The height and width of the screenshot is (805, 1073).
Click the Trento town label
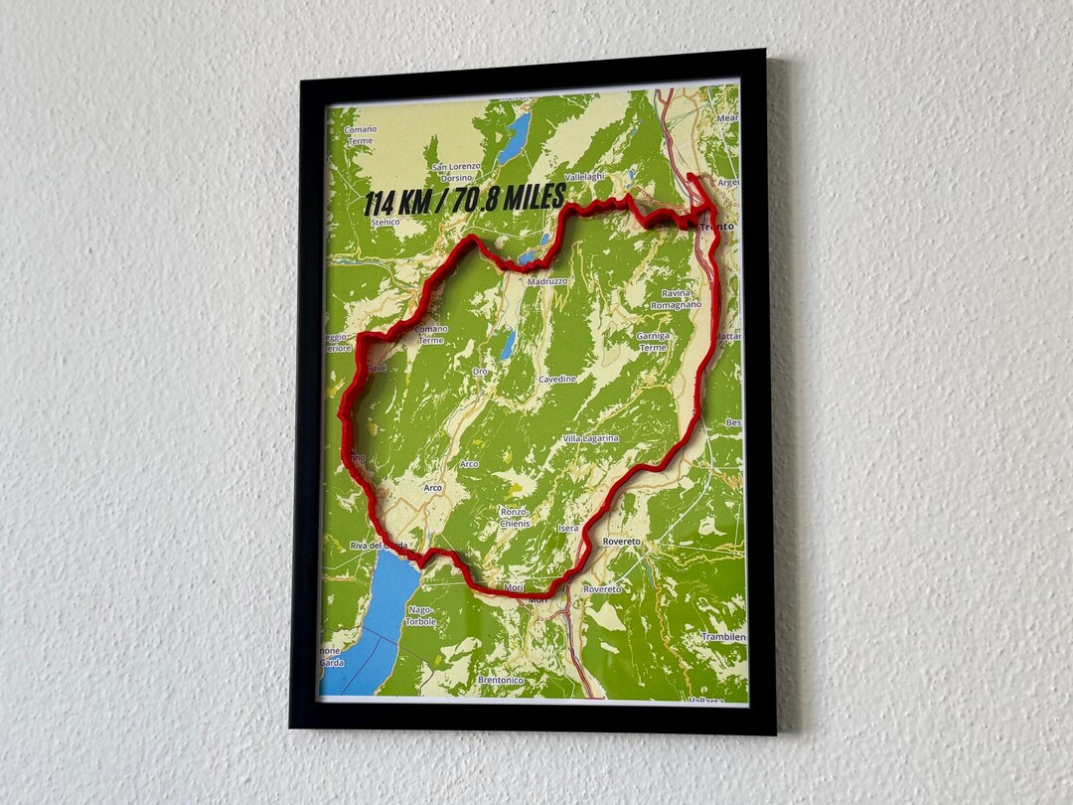(x=716, y=227)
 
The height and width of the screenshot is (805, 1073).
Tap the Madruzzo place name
(x=546, y=281)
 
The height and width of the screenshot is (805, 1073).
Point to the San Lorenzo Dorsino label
(x=456, y=171)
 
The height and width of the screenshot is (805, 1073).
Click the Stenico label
(x=383, y=222)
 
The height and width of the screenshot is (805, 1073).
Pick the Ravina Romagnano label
(x=676, y=299)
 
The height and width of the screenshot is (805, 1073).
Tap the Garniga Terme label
(x=653, y=342)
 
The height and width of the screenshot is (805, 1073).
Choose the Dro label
(x=480, y=371)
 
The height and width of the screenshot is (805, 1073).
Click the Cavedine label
(x=556, y=379)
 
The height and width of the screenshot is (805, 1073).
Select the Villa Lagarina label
(x=590, y=438)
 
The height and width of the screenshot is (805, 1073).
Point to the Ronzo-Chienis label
(x=515, y=517)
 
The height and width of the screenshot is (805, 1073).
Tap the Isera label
(x=568, y=528)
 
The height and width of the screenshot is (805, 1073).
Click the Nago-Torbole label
(x=420, y=615)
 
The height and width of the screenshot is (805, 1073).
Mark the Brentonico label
(x=500, y=680)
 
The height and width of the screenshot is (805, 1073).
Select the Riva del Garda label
(x=379, y=546)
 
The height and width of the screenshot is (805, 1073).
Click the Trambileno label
(x=723, y=636)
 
